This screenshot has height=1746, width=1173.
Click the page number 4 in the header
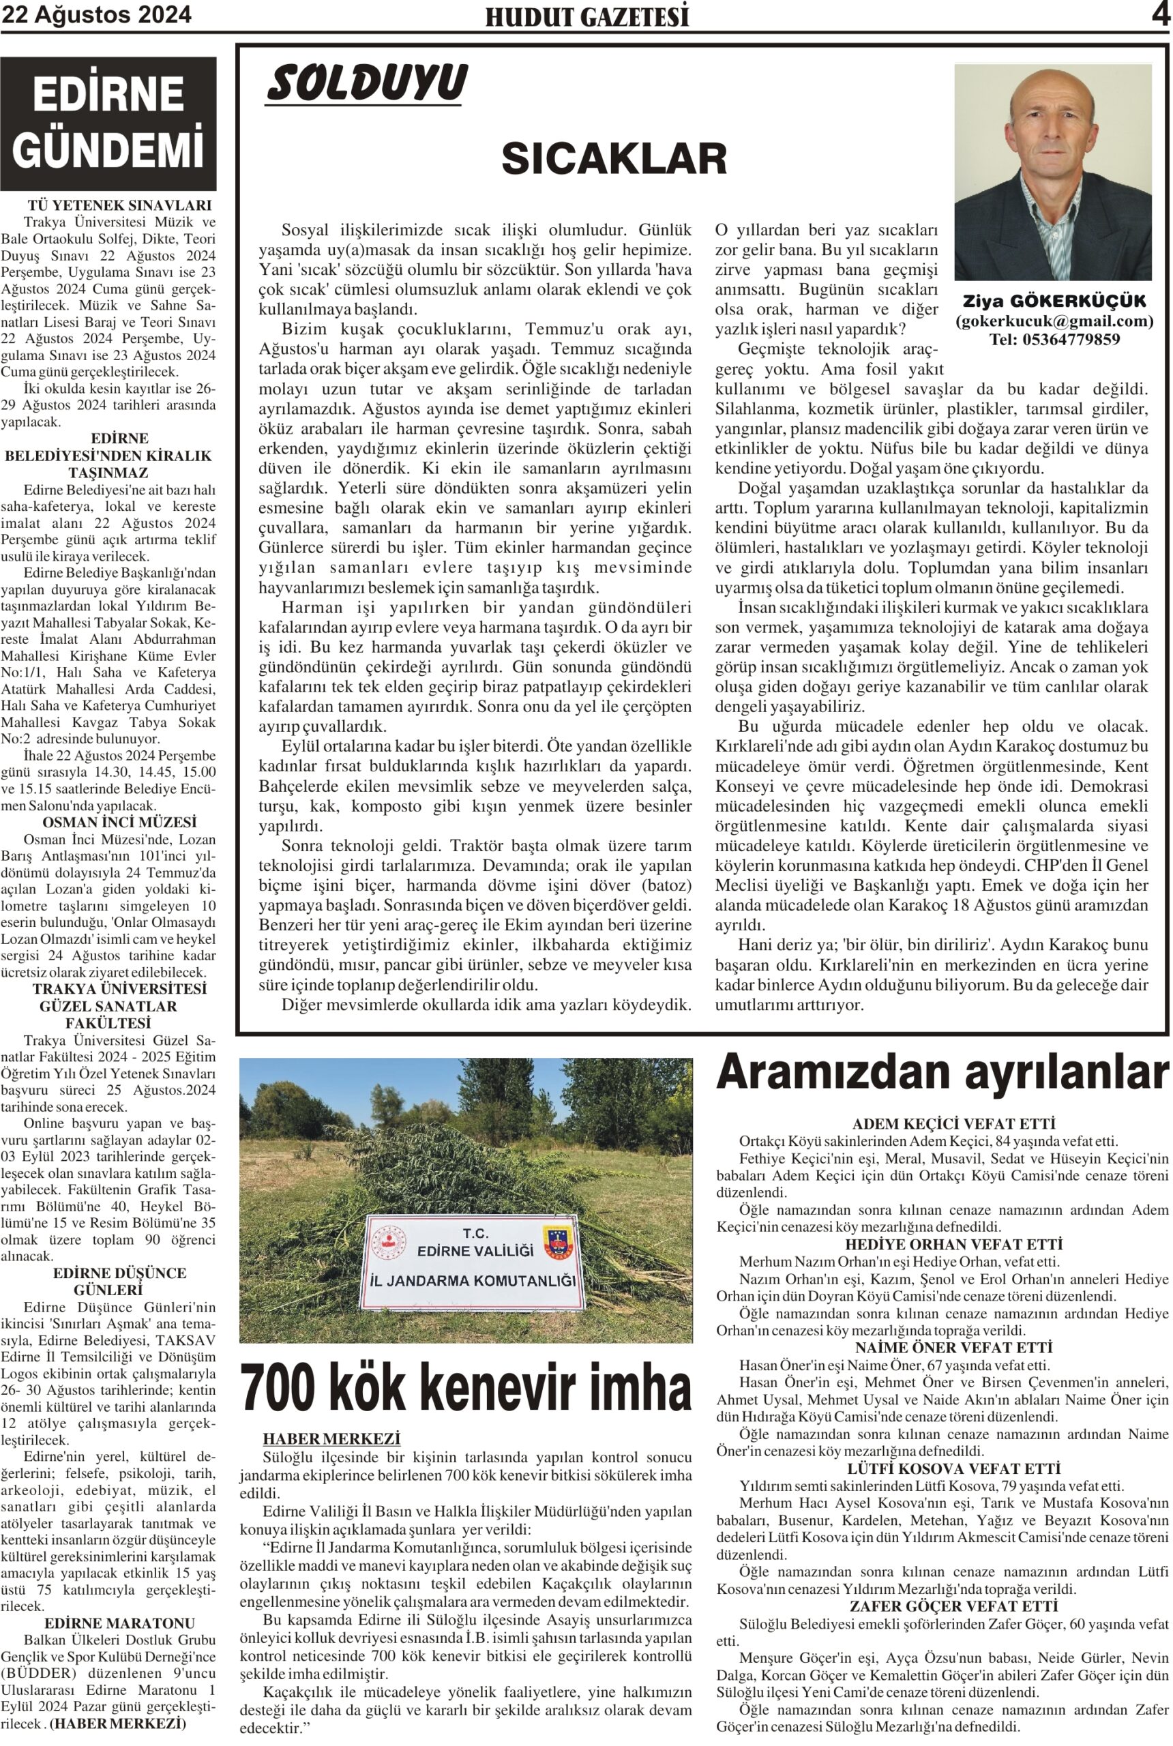coord(1159,14)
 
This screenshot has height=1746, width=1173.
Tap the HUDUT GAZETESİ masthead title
coord(587,16)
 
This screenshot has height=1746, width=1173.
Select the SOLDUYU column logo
coord(367,83)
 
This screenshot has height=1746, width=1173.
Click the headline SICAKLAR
coord(613,159)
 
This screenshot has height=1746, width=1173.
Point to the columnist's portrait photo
coord(1052,172)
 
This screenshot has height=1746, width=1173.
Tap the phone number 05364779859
coord(1054,340)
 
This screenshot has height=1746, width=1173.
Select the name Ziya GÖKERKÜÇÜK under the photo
coord(1054,301)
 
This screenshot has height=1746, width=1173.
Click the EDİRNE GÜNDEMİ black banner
coord(108,123)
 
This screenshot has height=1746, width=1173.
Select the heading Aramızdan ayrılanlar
coord(942,1072)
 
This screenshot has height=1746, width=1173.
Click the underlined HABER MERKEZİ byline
coord(331,1438)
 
